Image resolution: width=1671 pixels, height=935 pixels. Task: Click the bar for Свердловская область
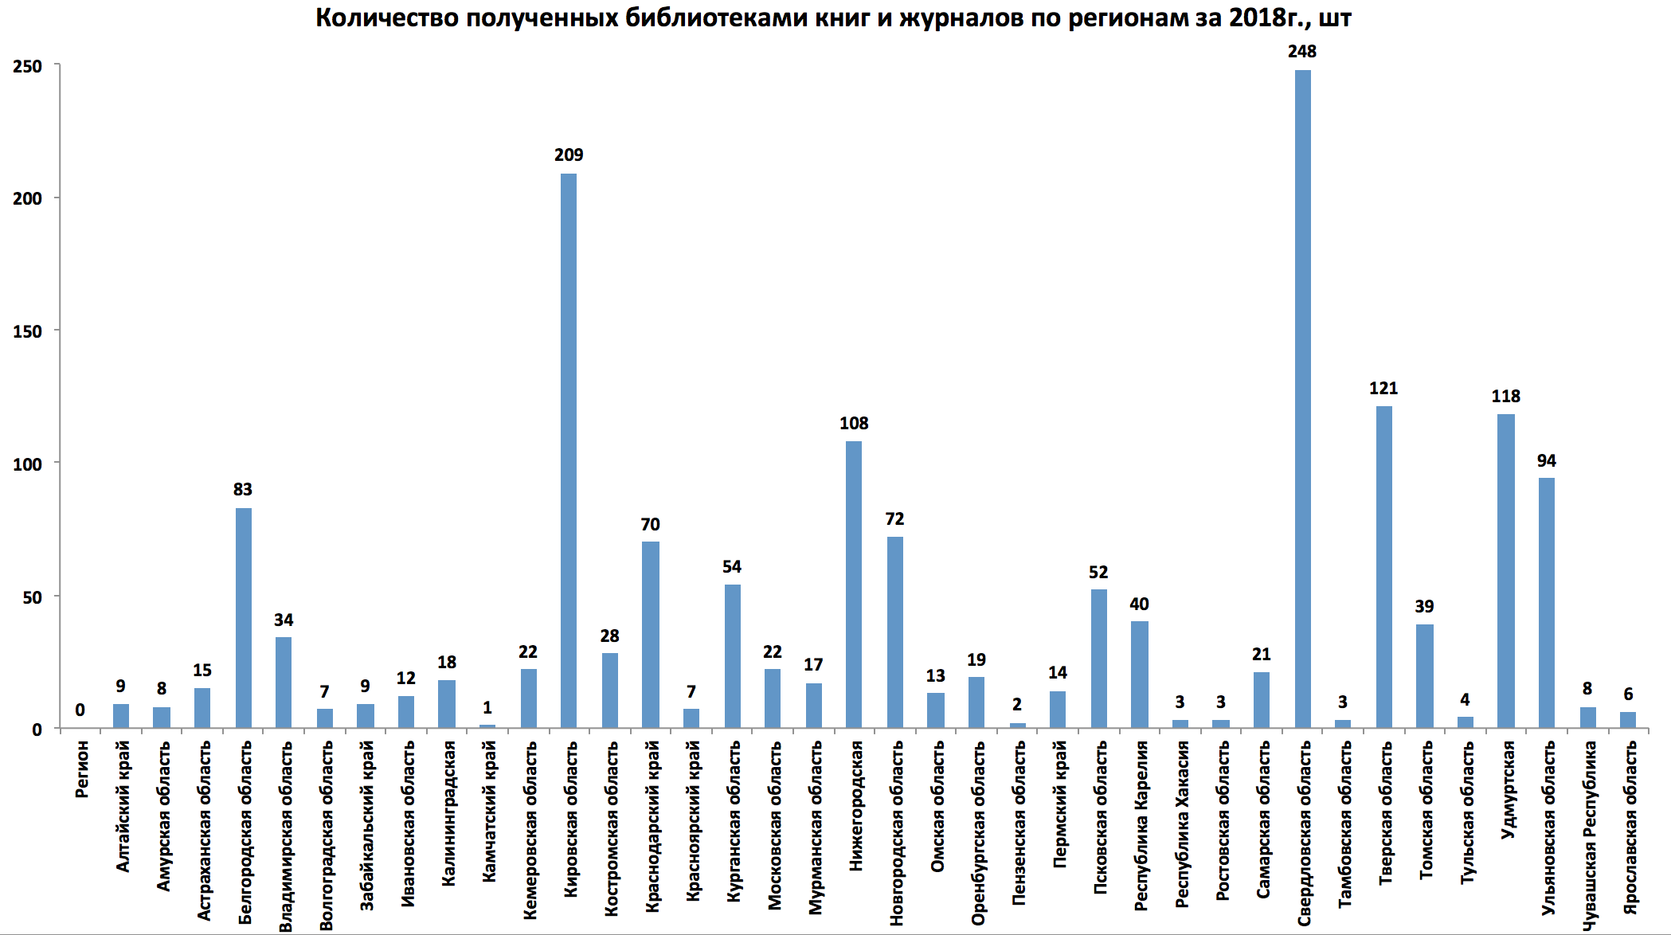point(1302,398)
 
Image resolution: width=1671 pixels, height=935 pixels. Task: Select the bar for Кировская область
point(569,450)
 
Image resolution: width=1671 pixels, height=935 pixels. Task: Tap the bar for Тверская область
point(1384,567)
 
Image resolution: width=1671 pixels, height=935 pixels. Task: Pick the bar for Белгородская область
point(243,618)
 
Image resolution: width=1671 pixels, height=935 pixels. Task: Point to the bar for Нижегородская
point(854,585)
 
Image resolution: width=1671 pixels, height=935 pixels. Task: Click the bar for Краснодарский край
point(651,635)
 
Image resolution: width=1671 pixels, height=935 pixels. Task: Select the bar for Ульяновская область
point(1547,603)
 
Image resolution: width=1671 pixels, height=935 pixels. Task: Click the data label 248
point(1302,52)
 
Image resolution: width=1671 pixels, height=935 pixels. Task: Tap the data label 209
point(569,155)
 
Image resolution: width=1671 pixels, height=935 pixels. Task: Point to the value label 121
point(1384,389)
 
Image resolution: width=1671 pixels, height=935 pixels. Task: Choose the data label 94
point(1547,461)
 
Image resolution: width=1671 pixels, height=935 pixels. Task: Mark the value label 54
point(732,567)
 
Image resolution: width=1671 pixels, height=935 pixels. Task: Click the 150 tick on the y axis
point(27,331)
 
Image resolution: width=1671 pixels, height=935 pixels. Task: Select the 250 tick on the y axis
point(27,66)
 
